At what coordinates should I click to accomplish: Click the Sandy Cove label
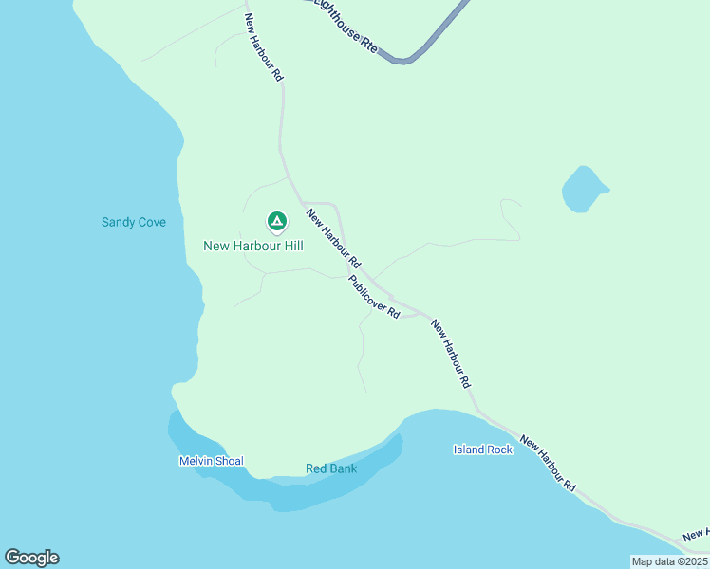[x=134, y=222]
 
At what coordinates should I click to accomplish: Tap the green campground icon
[x=276, y=222]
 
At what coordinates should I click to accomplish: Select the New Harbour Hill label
[x=253, y=246]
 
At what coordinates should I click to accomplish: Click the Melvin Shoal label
[x=211, y=462]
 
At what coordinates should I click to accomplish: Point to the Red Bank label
[x=330, y=468]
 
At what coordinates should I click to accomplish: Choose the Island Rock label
[x=483, y=450]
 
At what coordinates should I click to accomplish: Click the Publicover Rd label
[x=374, y=297]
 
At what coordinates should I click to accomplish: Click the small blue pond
[x=582, y=189]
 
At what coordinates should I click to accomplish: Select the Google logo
[x=31, y=558]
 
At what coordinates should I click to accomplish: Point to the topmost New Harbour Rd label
[x=264, y=46]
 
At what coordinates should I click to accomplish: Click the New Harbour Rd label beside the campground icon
[x=333, y=238]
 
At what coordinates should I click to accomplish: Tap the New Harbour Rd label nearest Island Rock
[x=548, y=465]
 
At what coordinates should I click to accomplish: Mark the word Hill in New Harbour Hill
[x=290, y=246]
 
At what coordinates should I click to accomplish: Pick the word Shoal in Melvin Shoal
[x=228, y=462]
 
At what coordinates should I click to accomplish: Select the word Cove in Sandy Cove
[x=151, y=222]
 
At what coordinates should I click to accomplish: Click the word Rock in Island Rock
[x=499, y=450]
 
